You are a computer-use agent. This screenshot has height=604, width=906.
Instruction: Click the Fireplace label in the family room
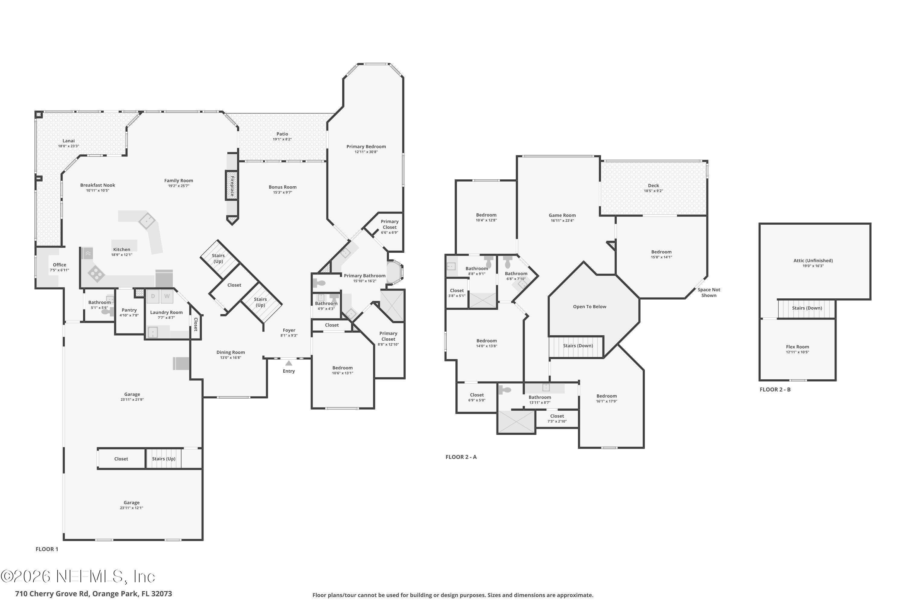(x=232, y=186)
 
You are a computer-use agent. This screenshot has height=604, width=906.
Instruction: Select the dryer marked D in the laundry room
(x=153, y=296)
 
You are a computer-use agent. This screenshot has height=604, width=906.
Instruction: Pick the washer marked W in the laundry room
(x=167, y=296)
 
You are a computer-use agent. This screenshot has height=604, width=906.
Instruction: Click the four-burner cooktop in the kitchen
(x=96, y=274)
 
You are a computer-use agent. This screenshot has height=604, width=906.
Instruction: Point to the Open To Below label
(x=590, y=307)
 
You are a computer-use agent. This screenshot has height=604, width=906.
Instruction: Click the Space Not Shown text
(x=708, y=292)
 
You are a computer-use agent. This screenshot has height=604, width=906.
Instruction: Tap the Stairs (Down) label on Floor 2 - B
(x=807, y=308)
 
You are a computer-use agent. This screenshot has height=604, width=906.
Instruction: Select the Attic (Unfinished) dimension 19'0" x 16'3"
(x=813, y=266)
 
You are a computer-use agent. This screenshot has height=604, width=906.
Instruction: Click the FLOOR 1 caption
(x=47, y=549)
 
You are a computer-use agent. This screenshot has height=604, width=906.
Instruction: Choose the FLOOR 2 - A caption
(x=461, y=457)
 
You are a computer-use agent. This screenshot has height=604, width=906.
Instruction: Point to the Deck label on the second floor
(x=653, y=186)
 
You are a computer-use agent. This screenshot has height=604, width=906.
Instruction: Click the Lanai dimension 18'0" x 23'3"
(x=69, y=146)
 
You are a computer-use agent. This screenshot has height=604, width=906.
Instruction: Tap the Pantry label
(x=129, y=310)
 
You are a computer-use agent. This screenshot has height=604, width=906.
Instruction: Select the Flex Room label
(x=797, y=347)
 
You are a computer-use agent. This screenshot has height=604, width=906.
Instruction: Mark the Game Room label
(x=562, y=215)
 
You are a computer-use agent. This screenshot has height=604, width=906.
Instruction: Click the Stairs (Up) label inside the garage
(x=163, y=459)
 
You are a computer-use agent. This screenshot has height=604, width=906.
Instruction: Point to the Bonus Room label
(x=282, y=187)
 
